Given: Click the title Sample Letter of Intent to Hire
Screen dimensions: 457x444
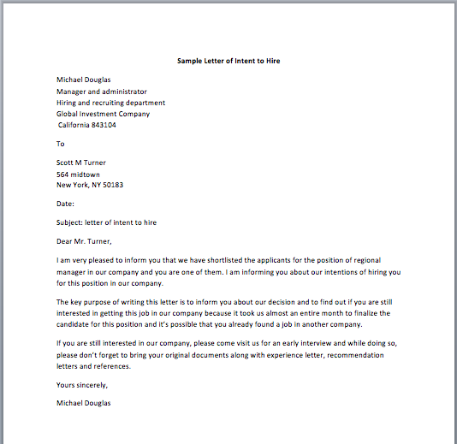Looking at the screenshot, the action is click(x=228, y=62).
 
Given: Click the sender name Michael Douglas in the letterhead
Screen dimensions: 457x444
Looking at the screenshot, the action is click(x=84, y=80).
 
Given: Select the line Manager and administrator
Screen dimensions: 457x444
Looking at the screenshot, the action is click(x=102, y=92).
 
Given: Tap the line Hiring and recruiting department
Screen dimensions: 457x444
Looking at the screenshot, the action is click(x=111, y=103).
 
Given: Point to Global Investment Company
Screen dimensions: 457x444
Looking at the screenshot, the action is click(x=103, y=114).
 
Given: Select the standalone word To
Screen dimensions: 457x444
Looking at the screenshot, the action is click(x=61, y=144).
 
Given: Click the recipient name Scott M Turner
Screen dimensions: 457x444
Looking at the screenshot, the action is click(x=81, y=163).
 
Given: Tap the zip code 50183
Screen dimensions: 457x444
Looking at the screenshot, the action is click(x=112, y=185).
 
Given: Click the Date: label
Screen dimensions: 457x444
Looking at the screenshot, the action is click(x=66, y=204).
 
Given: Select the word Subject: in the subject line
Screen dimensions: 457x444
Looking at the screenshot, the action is click(x=69, y=222).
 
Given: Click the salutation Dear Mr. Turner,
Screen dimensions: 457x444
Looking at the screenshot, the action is click(x=85, y=241).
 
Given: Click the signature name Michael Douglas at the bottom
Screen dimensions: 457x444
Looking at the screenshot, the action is click(x=84, y=402).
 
